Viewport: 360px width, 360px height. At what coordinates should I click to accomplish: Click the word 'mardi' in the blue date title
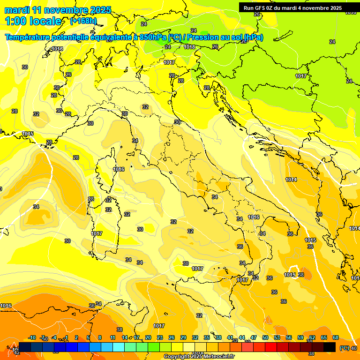[x=15, y=10]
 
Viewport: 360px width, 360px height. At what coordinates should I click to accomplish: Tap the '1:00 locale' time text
[x=33, y=21]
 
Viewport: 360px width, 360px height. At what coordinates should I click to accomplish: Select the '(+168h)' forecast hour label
[x=83, y=21]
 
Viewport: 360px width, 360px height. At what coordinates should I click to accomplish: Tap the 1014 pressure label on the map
[x=291, y=180]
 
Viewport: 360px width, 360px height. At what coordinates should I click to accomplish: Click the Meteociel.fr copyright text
[x=199, y=357]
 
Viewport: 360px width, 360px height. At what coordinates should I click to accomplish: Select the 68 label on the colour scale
[x=336, y=337]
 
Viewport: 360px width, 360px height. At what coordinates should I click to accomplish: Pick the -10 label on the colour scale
[x=32, y=337]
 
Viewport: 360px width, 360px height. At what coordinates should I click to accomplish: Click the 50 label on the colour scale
[x=265, y=337]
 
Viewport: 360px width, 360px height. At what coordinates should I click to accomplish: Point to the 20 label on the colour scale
[x=148, y=337]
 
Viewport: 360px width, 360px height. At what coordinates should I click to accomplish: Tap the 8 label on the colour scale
[x=100, y=337]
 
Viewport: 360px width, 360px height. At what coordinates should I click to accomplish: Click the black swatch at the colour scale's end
[x=330, y=347]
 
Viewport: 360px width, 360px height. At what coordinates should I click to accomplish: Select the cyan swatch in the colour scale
[x=119, y=347]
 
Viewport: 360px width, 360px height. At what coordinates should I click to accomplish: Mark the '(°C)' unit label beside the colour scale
[x=344, y=348]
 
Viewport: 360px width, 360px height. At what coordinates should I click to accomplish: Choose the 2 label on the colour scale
[x=76, y=337]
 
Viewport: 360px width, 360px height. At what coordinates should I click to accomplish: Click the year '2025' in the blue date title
[x=101, y=10]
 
